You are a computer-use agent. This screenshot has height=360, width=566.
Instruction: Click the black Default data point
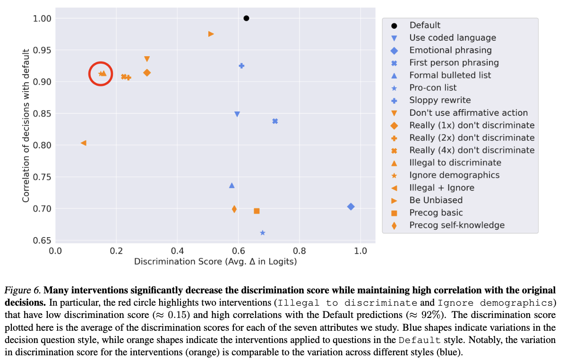pos(246,18)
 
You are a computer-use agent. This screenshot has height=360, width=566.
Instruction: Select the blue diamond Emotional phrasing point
pos(351,206)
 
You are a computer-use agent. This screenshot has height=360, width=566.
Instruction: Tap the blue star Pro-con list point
pos(263,233)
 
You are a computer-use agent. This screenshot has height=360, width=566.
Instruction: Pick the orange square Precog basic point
pos(257,211)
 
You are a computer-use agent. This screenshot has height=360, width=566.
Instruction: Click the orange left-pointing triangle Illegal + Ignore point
pos(84,143)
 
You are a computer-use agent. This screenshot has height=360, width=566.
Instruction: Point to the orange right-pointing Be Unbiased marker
pos(211,34)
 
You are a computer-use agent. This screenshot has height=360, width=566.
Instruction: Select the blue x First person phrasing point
pos(275,121)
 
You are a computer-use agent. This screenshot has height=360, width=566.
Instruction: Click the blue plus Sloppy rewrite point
pos(241,66)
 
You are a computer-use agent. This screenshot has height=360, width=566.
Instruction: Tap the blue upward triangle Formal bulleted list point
pos(232,185)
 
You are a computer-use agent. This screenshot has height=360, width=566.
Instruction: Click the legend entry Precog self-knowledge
pos(456,225)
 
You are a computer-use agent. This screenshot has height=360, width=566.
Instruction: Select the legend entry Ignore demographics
pos(454,175)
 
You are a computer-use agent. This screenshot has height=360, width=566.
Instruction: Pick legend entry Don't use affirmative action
pos(468,113)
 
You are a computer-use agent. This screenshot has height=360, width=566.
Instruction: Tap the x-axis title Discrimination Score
pos(215,261)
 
